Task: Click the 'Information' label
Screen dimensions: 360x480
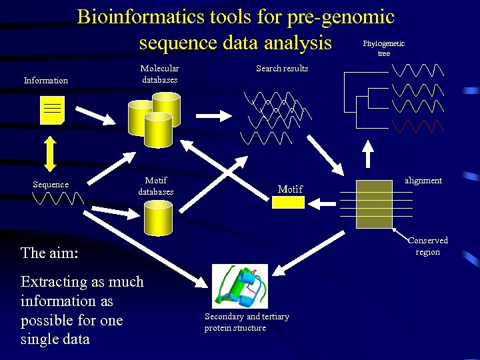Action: [46, 81]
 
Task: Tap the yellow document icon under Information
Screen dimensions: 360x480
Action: [52, 111]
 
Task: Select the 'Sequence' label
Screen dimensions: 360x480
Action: [51, 185]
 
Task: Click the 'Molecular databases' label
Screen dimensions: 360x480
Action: [159, 74]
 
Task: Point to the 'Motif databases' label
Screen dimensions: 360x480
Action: [155, 186]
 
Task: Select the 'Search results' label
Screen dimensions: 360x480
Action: [282, 68]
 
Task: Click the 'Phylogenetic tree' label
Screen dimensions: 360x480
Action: [383, 48]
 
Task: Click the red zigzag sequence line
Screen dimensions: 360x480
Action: [417, 126]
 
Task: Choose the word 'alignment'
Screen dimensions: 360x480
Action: [423, 181]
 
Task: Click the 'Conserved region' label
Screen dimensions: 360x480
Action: [427, 246]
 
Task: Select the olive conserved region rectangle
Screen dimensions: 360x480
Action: [374, 205]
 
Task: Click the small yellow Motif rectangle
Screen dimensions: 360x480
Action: [289, 202]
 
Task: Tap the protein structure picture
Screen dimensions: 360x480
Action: [239, 286]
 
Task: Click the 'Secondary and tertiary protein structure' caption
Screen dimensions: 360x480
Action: [247, 322]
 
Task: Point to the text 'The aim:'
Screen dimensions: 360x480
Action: [49, 253]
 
